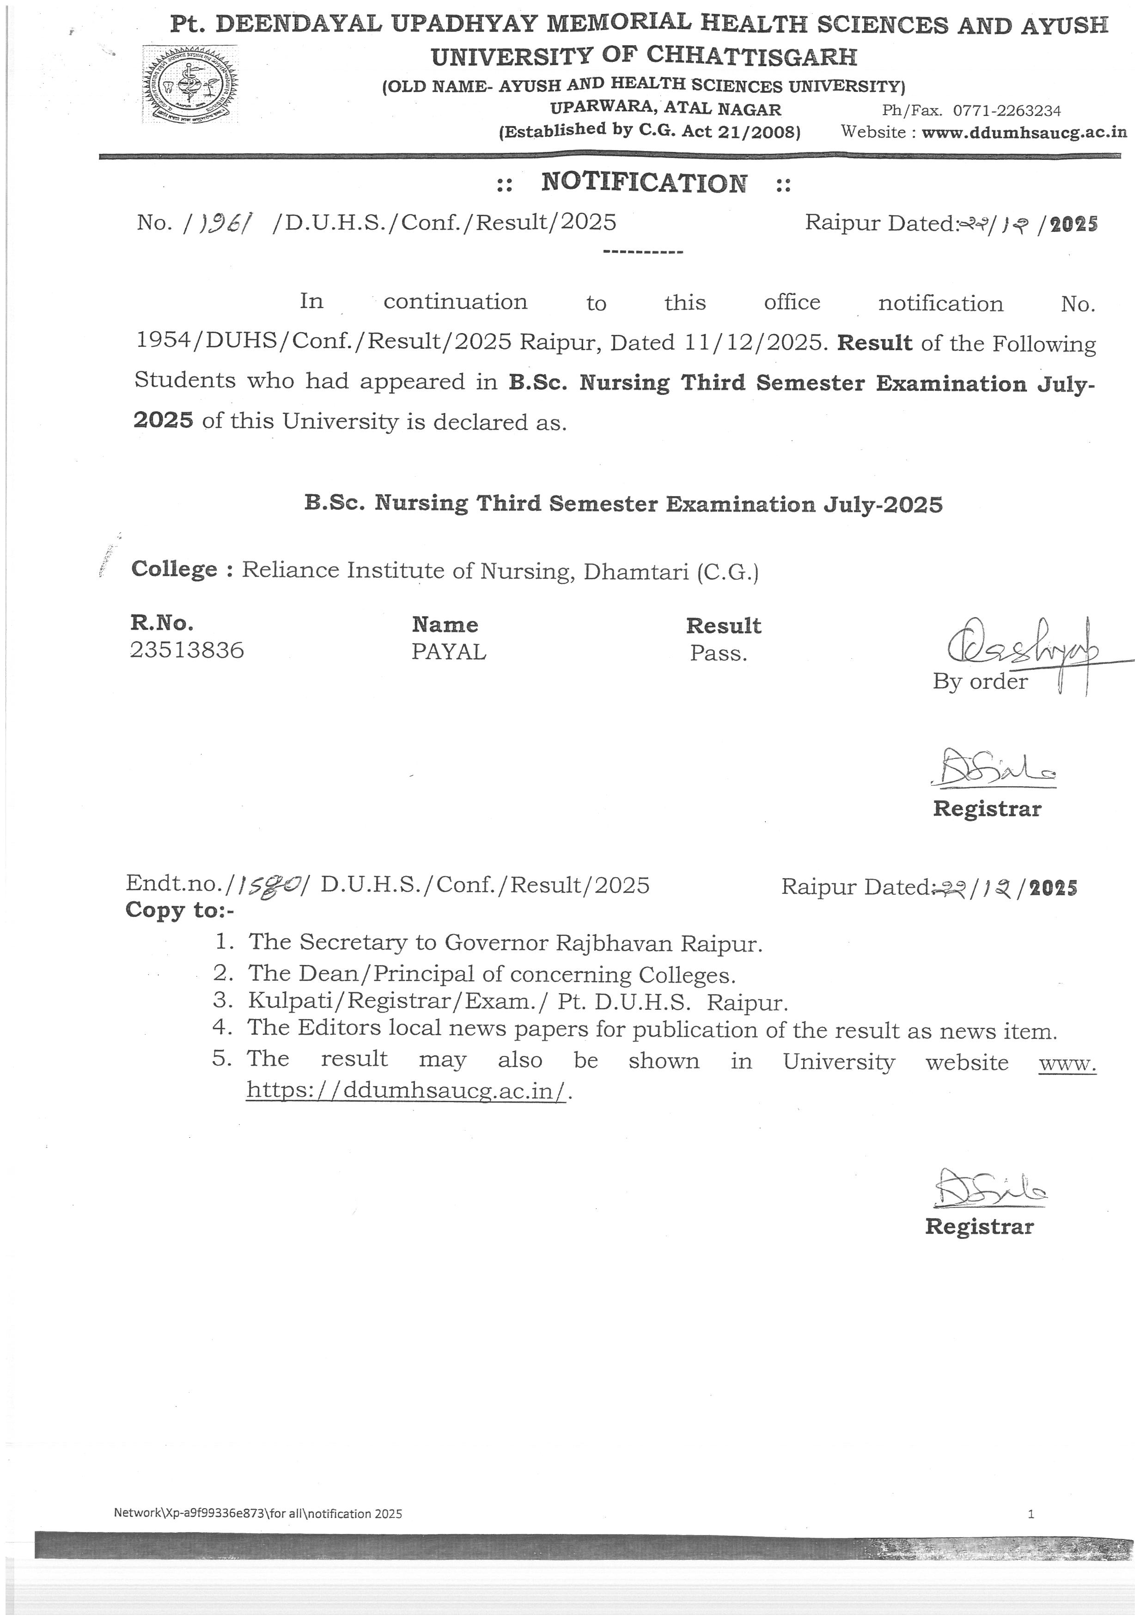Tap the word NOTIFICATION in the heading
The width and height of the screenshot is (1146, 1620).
pyautogui.click(x=644, y=183)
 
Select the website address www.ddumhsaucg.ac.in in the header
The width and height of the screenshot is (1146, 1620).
pyautogui.click(x=1024, y=133)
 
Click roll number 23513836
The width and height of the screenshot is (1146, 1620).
pyautogui.click(x=187, y=650)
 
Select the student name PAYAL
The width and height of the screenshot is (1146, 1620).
pyautogui.click(x=449, y=652)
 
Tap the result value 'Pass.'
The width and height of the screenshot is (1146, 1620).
pyautogui.click(x=718, y=653)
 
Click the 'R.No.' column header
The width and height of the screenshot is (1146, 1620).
pyautogui.click(x=162, y=623)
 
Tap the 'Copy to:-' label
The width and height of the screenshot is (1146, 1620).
pyautogui.click(x=179, y=910)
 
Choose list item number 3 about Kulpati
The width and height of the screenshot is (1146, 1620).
pyautogui.click(x=517, y=1002)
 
